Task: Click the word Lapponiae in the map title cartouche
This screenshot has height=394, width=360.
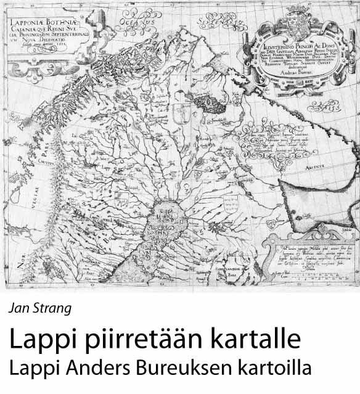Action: point(29,27)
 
